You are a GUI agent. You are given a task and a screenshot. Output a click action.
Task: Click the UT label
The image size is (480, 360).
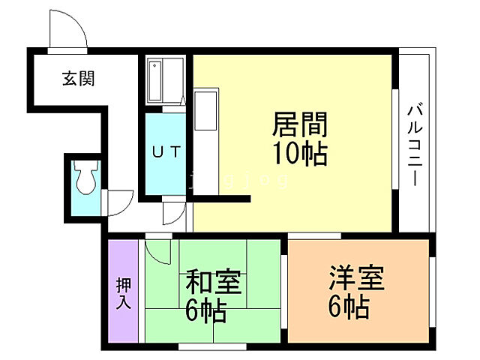click(x=166, y=151)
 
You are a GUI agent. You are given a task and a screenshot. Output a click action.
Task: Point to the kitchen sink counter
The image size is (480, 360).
click(x=205, y=112)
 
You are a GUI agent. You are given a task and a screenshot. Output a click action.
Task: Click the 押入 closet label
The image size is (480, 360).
click(x=123, y=293)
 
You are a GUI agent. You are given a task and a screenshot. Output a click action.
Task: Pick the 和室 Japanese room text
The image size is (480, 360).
click(x=213, y=283)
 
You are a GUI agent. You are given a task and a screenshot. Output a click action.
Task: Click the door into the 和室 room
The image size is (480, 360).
click(x=157, y=247)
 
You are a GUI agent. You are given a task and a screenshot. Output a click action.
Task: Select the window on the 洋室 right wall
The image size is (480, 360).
click(x=433, y=289)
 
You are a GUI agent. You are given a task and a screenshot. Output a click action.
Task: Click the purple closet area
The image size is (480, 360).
click(x=123, y=290)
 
